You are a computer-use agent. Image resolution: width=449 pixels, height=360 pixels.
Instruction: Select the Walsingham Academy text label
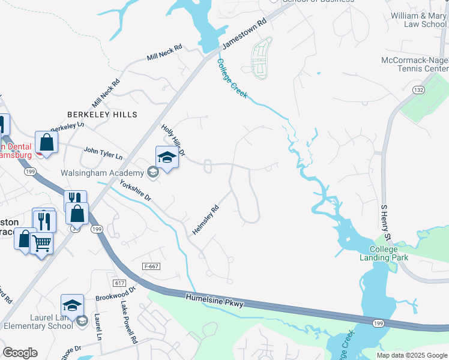[x=102, y=173]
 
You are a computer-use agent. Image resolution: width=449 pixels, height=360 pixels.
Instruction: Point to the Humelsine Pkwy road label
[x=214, y=301]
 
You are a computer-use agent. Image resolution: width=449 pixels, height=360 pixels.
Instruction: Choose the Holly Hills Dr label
[x=173, y=139]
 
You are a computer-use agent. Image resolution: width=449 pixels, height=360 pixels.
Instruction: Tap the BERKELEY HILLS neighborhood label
[x=102, y=114]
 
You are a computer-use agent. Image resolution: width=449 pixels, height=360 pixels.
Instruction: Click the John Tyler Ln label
[x=103, y=153]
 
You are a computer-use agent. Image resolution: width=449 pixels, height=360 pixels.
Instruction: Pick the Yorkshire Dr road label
[x=135, y=190]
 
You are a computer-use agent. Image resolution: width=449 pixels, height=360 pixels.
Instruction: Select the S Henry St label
[x=386, y=223]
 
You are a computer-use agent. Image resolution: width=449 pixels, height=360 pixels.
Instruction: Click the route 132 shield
[x=419, y=89]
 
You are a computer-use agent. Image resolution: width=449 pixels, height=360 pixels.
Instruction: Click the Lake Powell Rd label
[x=129, y=323]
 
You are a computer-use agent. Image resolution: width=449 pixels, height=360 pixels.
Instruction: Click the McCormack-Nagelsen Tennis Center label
[x=415, y=65]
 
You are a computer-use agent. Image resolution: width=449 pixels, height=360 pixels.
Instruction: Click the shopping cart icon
[x=41, y=243]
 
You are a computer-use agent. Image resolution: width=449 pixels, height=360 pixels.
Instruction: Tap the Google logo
[x=20, y=353]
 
